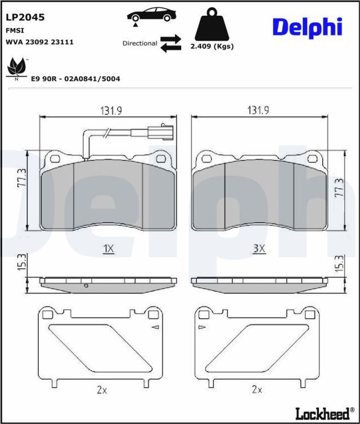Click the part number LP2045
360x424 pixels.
click(25, 17)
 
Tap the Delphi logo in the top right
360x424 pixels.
click(307, 26)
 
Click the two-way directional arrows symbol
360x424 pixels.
click(170, 43)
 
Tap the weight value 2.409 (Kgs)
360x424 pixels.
click(211, 46)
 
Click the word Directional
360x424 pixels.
click(139, 43)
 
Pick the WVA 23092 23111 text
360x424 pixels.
click(39, 42)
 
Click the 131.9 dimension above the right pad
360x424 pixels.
click(258, 111)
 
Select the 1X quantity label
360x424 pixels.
click(109, 248)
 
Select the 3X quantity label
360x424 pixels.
click(258, 248)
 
